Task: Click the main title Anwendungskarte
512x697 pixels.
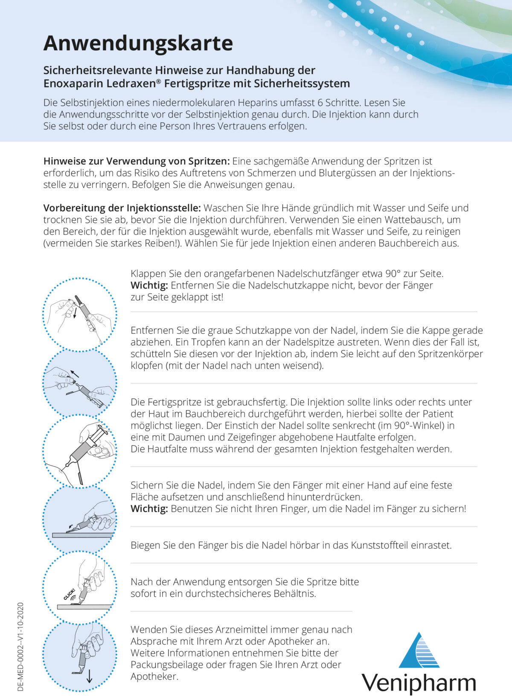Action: pos(138,43)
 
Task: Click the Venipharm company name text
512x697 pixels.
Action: pos(419,683)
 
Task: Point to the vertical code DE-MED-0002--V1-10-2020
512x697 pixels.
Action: pos(20,646)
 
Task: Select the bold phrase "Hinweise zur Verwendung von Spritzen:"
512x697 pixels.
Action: pos(137,161)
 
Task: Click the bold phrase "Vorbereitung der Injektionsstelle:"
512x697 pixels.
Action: pos(122,208)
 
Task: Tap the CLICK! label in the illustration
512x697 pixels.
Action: pos(69,594)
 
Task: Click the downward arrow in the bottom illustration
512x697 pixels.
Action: pos(89,676)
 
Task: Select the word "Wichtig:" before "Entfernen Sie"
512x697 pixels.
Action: pos(149,285)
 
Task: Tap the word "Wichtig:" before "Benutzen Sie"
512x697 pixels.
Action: pos(149,509)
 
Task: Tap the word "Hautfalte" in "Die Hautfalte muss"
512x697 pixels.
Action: pos(169,449)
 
